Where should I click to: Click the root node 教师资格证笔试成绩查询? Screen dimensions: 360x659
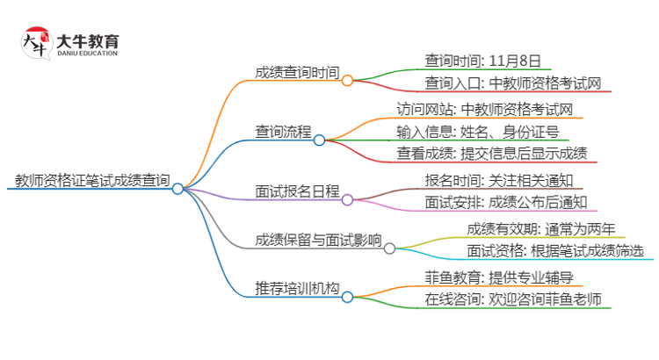tap(92, 182)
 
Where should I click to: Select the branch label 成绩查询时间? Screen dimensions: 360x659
tap(297, 74)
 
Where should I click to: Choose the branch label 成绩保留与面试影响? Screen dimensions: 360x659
tap(318, 241)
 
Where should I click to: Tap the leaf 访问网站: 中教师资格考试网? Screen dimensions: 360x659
tap(485, 111)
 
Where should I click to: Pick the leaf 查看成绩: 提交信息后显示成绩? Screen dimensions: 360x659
tap(492, 155)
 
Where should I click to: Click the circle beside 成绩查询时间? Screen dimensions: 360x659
tap(347, 80)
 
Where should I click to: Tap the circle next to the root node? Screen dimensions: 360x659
tap(177, 188)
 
